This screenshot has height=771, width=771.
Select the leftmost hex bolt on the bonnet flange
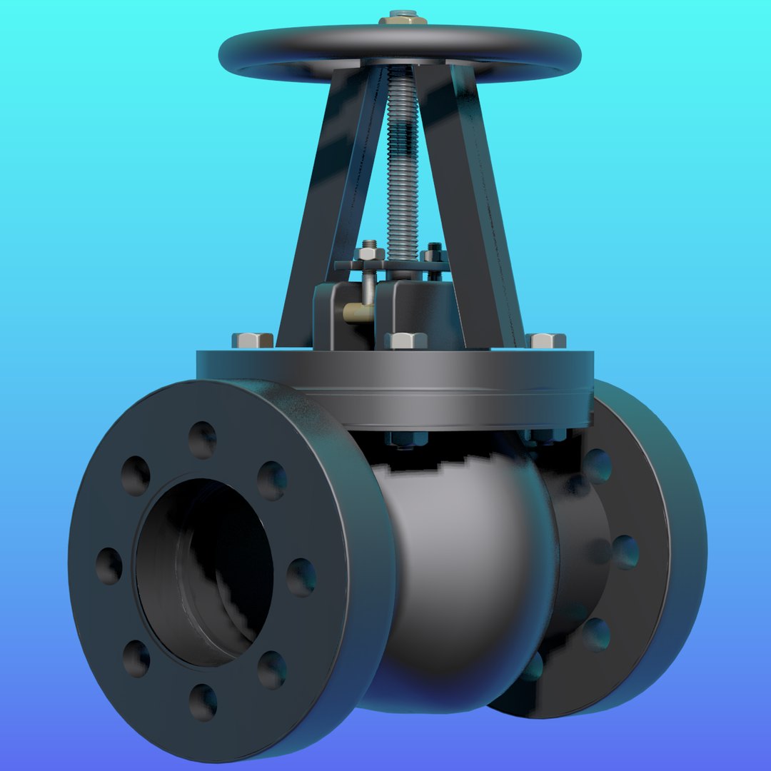253,340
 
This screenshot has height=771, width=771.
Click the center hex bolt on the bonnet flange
405,341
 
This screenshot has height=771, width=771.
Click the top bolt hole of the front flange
202,440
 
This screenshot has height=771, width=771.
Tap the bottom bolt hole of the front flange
203,702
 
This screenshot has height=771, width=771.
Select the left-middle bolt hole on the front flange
109,565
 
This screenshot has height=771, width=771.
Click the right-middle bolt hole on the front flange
301,577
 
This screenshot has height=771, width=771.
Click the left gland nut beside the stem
368,251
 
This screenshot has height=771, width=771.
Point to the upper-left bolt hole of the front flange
136,475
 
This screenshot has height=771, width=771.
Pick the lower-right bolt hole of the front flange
271,669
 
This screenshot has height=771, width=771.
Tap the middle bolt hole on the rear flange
625,552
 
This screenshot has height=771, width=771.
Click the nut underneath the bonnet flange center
405,438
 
